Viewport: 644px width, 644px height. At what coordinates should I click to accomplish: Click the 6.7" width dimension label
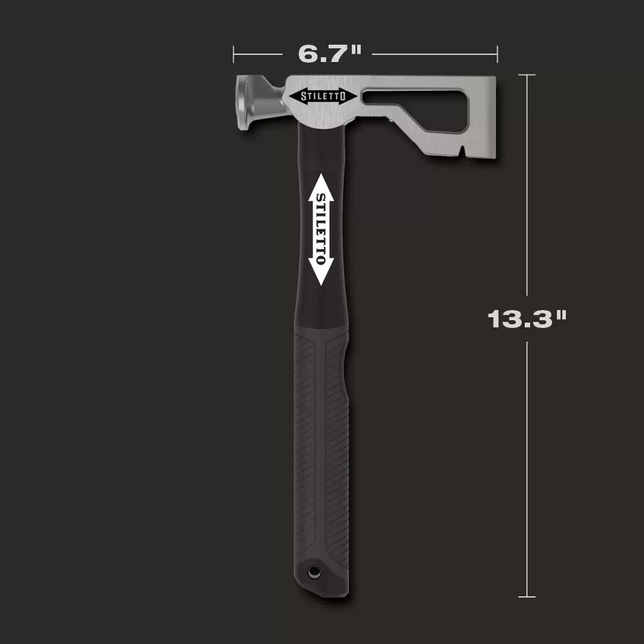coord(330,54)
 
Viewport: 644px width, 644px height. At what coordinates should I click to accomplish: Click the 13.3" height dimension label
coord(527,319)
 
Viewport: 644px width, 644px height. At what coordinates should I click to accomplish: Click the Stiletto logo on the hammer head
coord(323,96)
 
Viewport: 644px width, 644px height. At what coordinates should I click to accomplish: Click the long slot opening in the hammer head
coord(412,97)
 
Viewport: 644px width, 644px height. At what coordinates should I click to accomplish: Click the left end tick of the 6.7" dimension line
coord(234,55)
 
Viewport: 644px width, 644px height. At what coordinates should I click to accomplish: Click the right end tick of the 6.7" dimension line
coord(497,55)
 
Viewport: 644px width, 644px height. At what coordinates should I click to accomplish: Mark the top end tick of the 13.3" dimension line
coord(527,75)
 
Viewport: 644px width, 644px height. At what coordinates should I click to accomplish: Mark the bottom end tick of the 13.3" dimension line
coord(527,596)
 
